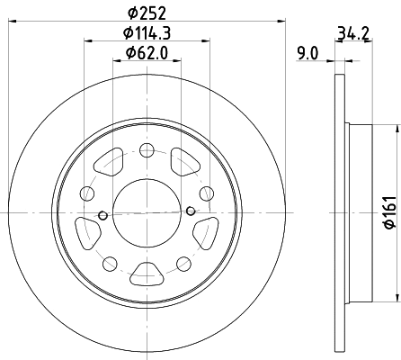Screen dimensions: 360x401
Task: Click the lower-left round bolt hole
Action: pos(110,262)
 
